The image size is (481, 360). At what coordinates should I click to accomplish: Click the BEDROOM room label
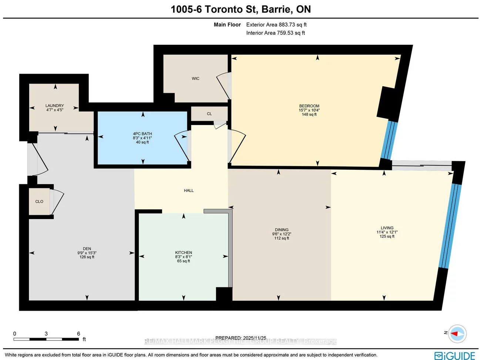click(309, 106)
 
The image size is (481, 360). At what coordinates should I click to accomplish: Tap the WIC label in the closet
click(195, 78)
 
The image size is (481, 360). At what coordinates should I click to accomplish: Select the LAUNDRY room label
click(55, 105)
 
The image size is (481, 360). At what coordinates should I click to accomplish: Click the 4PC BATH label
click(142, 134)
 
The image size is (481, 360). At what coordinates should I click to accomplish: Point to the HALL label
click(189, 191)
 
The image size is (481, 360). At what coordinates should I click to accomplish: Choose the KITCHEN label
click(184, 252)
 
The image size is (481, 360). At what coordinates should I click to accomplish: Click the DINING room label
click(282, 230)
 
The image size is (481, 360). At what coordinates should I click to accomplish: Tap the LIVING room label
click(387, 228)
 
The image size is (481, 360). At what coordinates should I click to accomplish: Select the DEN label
click(87, 249)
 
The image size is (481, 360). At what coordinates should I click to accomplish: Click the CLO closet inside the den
click(39, 202)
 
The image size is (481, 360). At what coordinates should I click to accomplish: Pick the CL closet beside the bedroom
click(209, 114)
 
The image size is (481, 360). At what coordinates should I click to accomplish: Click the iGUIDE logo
click(455, 356)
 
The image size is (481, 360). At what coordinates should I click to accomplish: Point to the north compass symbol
click(457, 333)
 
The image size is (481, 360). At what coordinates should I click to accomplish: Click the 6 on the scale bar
click(78, 333)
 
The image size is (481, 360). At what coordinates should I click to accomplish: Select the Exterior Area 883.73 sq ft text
click(276, 25)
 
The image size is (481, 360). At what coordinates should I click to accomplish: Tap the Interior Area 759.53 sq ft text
click(276, 33)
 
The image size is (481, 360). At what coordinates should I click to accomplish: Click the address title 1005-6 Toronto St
click(240, 9)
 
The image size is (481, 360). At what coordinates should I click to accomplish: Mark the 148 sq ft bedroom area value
click(309, 115)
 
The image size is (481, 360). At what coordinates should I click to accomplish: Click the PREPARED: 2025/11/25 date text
click(240, 338)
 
